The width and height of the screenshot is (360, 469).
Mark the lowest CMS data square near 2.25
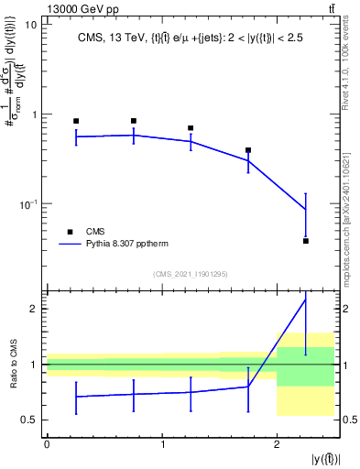[305, 241]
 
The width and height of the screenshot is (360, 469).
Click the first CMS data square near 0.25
[76, 121]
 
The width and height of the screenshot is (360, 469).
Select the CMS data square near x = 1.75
[248, 150]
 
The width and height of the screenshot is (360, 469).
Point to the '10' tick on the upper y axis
[31, 25]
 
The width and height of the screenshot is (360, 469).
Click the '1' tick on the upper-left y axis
[35, 115]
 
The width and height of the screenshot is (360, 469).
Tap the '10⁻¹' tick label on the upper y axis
[28, 203]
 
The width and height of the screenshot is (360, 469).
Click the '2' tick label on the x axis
[277, 444]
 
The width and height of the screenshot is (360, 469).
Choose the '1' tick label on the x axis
[162, 444]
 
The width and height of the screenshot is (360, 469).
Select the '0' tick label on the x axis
[47, 444]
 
